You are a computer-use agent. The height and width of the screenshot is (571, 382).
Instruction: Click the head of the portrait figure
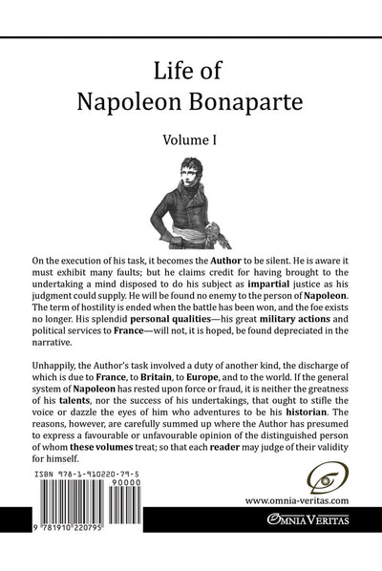pos(180,173)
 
